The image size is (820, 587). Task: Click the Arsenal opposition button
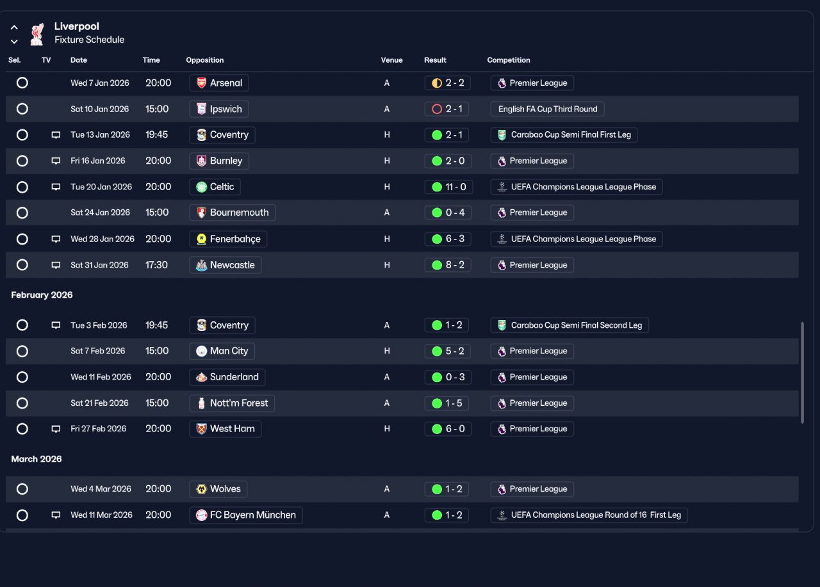point(219,83)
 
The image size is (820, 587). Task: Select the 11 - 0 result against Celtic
point(448,187)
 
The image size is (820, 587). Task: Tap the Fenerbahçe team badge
point(201,239)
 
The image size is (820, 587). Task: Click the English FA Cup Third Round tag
point(547,109)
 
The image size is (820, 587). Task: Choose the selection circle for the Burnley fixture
point(22,161)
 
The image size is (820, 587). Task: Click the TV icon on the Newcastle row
point(56,265)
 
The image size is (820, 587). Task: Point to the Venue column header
point(391,60)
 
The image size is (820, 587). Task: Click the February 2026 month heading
point(42,294)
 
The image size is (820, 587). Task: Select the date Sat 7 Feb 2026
point(98,351)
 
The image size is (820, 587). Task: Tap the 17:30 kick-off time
point(156,265)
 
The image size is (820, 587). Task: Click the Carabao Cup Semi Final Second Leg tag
point(570,325)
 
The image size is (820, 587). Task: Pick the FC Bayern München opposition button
point(246,515)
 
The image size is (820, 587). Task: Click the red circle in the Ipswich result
point(437,109)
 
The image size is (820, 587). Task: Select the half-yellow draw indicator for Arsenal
point(437,83)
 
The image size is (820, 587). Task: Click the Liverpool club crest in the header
point(37,34)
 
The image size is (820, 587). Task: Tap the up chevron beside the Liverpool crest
point(14,27)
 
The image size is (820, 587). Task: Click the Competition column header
point(509,60)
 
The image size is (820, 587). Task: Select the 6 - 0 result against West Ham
point(448,429)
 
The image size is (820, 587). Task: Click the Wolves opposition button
point(218,489)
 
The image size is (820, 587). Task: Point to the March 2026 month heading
point(37,459)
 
